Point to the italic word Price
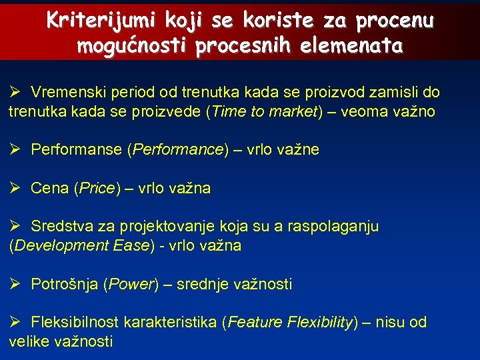point(97,189)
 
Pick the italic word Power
point(131,285)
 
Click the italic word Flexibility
point(319,323)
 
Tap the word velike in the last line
point(28,342)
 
